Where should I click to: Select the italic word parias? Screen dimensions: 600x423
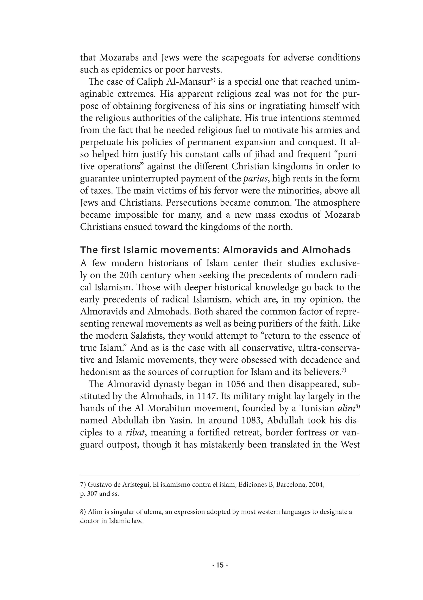pyautogui.click(x=253, y=179)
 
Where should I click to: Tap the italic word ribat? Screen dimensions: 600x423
pyautogui.click(x=135, y=433)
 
